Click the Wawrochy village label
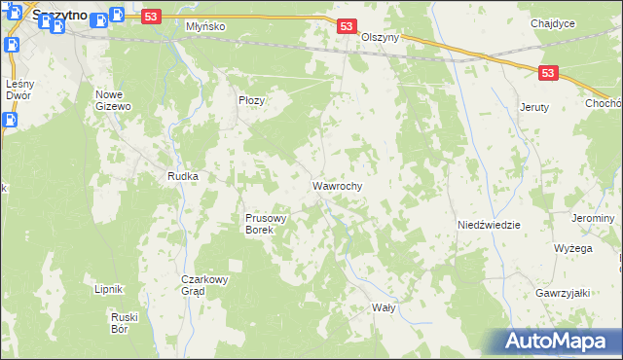[x=338, y=185]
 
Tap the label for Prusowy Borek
[x=266, y=224]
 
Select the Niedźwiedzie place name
[x=489, y=225]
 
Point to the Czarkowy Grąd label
[x=205, y=284]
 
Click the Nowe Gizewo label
[x=113, y=100]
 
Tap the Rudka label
[x=183, y=176]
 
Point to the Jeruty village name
[x=535, y=107]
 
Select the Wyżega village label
[x=573, y=248]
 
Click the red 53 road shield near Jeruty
[x=550, y=72]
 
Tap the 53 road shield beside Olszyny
[x=348, y=27]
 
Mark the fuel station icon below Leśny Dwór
[x=10, y=120]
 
